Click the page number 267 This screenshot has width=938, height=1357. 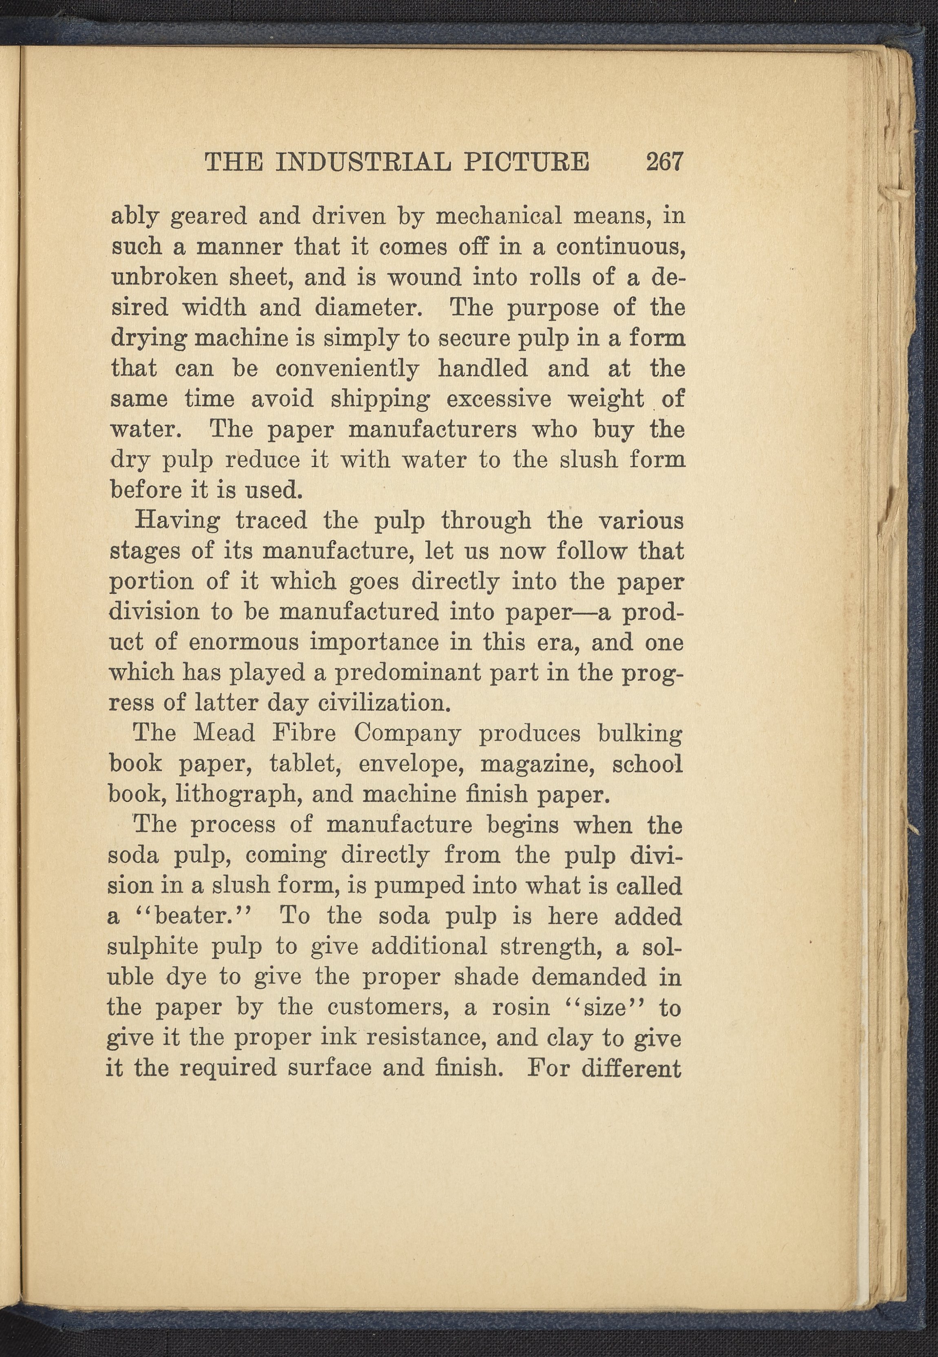pos(665,161)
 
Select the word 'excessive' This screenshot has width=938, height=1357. pos(499,399)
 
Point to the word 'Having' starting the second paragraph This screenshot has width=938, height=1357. pos(177,521)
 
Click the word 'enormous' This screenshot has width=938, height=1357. pos(243,642)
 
